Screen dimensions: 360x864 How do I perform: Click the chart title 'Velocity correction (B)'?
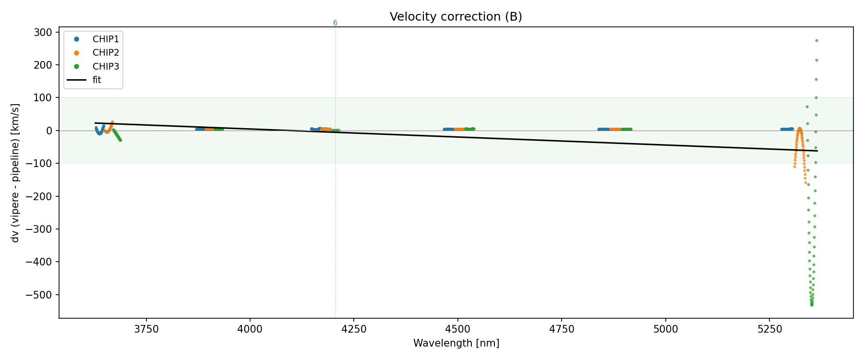456,17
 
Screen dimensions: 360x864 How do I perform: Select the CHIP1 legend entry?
106,39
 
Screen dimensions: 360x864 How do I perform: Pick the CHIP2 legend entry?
106,53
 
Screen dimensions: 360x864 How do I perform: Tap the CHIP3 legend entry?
106,66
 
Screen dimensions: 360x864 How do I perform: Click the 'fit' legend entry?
96,80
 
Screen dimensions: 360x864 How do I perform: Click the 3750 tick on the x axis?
145,329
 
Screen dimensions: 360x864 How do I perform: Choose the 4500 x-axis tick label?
458,329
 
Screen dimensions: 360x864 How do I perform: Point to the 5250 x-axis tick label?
769,329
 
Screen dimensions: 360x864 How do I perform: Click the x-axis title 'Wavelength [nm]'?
456,343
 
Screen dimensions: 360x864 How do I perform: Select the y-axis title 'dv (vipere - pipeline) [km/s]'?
15,172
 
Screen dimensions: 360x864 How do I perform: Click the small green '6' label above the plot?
335,23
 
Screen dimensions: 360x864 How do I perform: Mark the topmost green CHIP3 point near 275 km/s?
816,41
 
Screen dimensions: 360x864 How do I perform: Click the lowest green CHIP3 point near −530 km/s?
812,305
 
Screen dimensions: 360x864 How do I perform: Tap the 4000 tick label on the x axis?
250,329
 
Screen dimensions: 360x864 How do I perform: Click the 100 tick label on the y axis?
43,98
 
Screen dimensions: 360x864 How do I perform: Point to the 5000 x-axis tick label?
666,329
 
